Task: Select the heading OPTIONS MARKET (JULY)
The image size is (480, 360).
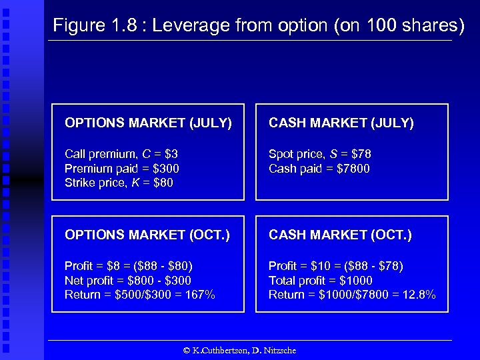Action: (148, 123)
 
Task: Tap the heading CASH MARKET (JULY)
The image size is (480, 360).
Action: (341, 123)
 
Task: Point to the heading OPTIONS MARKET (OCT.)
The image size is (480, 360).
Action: (147, 235)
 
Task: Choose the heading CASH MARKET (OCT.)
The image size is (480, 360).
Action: (340, 235)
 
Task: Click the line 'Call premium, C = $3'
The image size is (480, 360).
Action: (121, 155)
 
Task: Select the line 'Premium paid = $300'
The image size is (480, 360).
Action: (121, 169)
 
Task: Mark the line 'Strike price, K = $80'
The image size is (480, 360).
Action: (119, 183)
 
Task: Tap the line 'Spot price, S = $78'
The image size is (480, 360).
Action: (319, 155)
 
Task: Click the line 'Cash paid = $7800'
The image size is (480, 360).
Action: (319, 169)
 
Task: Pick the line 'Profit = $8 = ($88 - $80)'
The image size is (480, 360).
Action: (128, 267)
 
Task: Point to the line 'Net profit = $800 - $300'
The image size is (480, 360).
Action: (127, 281)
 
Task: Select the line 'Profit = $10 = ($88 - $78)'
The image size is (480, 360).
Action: (335, 267)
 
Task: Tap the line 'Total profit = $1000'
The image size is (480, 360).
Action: (321, 281)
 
